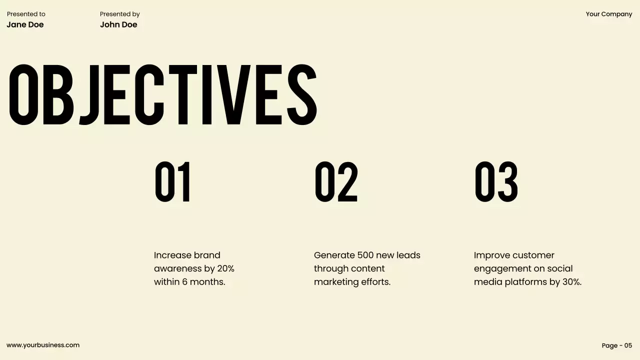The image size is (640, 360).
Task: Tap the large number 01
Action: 172,182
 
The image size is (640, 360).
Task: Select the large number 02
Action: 336,182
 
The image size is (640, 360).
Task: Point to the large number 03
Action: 496,182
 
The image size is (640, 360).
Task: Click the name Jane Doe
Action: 25,24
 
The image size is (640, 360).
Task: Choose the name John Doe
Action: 118,24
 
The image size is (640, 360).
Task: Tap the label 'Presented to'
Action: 26,14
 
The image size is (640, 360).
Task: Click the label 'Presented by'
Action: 119,14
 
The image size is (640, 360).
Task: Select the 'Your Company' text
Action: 609,14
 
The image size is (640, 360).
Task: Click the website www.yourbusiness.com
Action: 43,345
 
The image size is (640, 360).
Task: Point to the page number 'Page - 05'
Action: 617,345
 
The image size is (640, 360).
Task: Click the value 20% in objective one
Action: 225,268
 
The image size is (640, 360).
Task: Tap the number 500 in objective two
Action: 365,255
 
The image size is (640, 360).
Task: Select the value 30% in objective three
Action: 571,282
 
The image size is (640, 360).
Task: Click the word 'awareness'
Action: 177,268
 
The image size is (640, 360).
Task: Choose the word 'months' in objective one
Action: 206,282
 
